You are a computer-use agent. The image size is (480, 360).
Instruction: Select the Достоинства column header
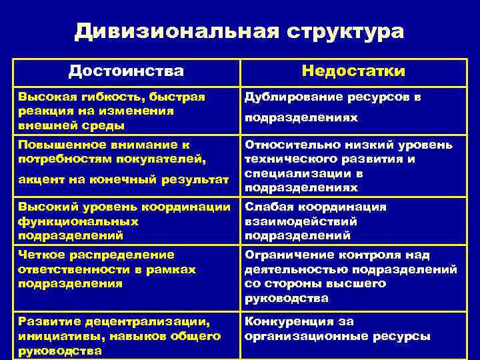pos(126,71)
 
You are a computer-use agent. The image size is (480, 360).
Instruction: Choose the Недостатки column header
pos(353,71)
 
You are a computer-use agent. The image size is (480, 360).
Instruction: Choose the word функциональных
pos(79,221)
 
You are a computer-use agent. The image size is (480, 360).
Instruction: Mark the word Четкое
pos(41,255)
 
